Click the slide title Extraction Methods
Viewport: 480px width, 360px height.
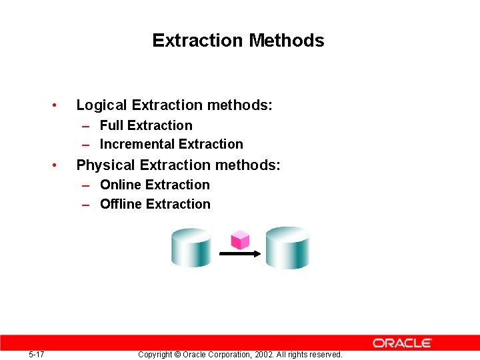[238, 41]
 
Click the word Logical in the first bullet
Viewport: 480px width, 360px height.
[102, 105]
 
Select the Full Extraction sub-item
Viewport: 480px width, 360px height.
[146, 125]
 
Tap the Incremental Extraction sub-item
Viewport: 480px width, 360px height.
[171, 144]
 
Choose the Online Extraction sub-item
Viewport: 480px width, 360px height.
[155, 185]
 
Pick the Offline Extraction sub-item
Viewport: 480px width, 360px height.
[155, 204]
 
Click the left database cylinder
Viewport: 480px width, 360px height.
[191, 247]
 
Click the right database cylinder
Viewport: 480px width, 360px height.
[288, 247]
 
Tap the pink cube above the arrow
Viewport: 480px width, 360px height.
[239, 240]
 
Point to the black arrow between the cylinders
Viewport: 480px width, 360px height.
[239, 254]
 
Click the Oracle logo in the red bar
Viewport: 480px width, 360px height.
[402, 343]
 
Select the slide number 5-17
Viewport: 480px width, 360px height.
[37, 354]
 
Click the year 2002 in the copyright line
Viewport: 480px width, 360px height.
[263, 355]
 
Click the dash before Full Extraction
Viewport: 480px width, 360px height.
[86, 126]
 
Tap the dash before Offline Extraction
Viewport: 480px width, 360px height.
[86, 205]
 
